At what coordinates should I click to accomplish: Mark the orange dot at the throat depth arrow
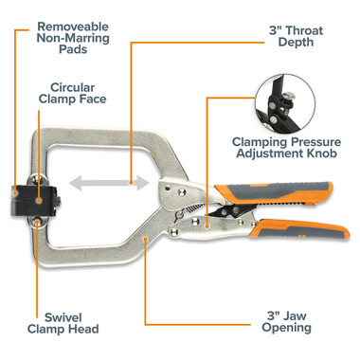131,179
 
